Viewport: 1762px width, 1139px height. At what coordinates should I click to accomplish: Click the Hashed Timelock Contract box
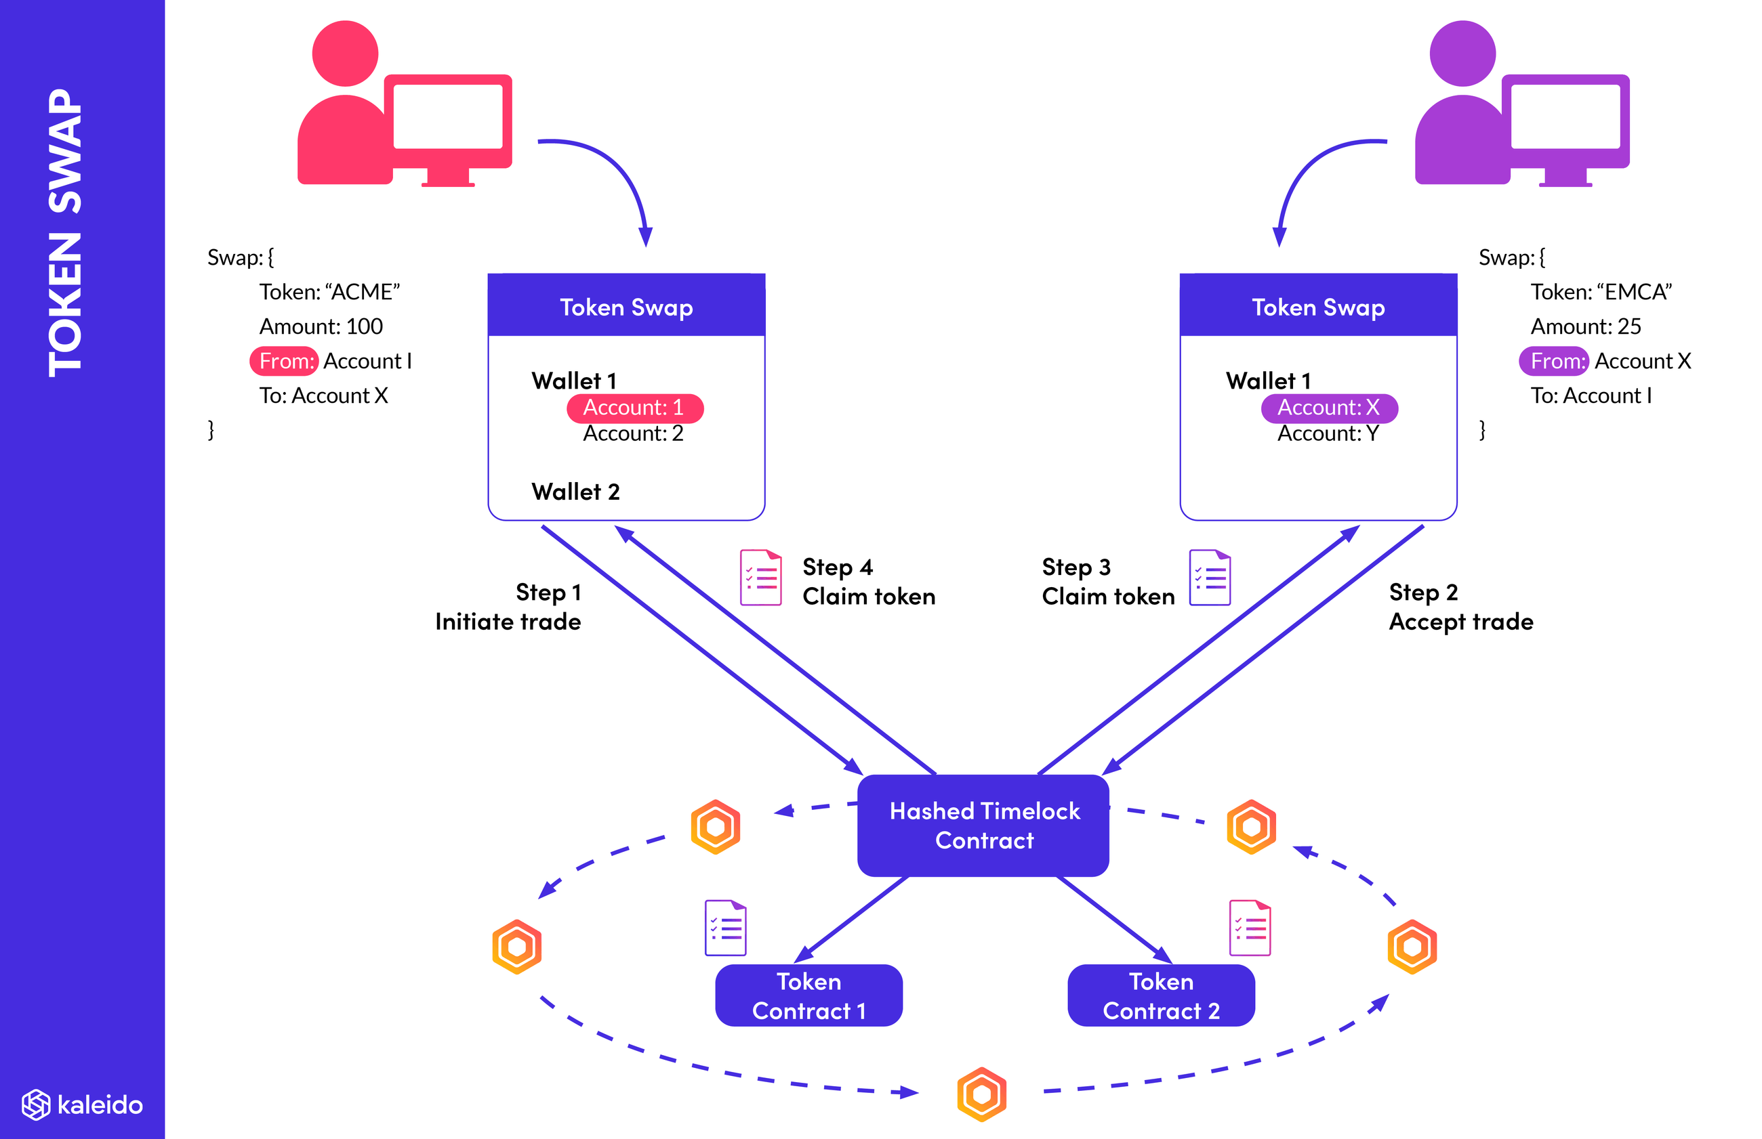point(983,825)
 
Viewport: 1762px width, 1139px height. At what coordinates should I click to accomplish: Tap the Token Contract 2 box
point(1160,995)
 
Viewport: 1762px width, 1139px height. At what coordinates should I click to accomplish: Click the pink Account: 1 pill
point(634,408)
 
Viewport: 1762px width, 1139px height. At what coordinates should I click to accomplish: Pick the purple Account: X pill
point(1328,408)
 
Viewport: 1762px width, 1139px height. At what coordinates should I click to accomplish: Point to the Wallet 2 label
point(575,492)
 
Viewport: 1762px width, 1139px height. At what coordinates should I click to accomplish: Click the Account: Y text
point(1328,433)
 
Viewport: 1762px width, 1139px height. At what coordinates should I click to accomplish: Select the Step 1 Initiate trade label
point(509,607)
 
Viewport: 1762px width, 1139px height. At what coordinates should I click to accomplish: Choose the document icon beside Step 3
point(1209,577)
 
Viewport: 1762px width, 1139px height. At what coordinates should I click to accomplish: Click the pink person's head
point(345,53)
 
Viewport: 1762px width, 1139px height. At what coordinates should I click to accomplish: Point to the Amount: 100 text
point(321,326)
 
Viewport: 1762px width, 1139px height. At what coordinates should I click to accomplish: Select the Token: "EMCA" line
point(1600,292)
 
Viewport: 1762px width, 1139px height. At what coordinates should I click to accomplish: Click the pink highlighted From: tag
point(284,361)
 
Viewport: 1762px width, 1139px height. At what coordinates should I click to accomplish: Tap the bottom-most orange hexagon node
point(981,1094)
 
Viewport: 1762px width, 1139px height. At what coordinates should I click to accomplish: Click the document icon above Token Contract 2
point(1249,928)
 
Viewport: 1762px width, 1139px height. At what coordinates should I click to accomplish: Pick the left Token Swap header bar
point(626,307)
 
